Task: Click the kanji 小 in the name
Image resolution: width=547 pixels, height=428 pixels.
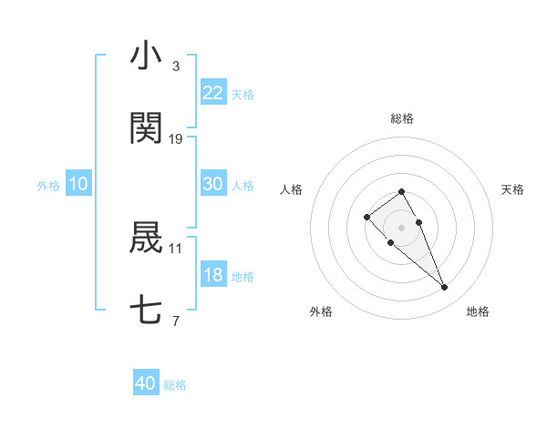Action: pos(146,56)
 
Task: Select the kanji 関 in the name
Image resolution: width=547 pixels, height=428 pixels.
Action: pos(146,128)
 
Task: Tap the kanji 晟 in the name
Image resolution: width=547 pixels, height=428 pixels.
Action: pos(146,238)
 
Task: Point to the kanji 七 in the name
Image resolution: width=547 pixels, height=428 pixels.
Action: pos(146,311)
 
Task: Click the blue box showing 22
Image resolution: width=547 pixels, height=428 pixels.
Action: pos(213,93)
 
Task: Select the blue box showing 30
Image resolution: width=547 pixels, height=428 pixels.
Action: pos(213,184)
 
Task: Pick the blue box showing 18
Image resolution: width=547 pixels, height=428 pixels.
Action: pos(213,275)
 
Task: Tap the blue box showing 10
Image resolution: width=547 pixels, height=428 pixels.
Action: pos(78,184)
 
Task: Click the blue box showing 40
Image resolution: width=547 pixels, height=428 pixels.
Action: pos(146,383)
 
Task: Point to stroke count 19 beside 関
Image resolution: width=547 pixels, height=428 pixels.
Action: pos(176,139)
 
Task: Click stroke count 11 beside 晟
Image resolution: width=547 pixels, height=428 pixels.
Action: pos(176,248)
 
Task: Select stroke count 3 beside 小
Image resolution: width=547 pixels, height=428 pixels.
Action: pos(175,66)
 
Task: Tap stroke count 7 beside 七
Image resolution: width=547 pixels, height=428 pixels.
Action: pos(175,321)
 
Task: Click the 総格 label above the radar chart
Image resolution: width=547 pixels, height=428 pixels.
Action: pos(401,118)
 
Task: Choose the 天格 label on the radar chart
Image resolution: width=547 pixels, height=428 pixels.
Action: pos(512,189)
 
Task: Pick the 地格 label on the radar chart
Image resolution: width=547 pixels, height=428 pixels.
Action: pos(478,311)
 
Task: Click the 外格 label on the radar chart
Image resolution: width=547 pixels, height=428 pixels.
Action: pos(321,311)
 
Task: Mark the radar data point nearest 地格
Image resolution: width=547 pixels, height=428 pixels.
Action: pos(444,288)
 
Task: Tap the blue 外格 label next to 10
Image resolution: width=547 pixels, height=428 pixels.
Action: pos(48,185)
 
